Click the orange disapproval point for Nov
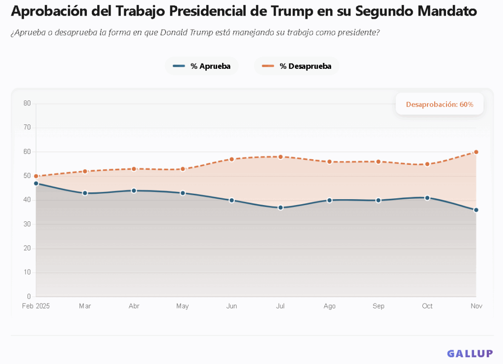click(x=476, y=152)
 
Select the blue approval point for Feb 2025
click(x=36, y=183)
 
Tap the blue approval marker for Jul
click(x=280, y=208)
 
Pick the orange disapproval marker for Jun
click(x=231, y=159)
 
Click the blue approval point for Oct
click(x=427, y=198)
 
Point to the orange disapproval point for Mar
click(x=85, y=171)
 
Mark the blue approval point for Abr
click(x=134, y=190)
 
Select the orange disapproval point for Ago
click(x=330, y=162)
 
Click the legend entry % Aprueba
click(x=202, y=66)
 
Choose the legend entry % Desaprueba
click(x=297, y=66)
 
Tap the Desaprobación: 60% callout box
click(x=439, y=104)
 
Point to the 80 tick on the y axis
click(x=27, y=103)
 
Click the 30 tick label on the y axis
click(x=27, y=224)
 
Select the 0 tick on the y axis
click(x=29, y=297)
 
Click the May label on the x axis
click(x=182, y=306)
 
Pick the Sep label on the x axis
click(x=378, y=306)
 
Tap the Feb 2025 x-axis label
click(x=36, y=306)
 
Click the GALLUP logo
click(x=470, y=353)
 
